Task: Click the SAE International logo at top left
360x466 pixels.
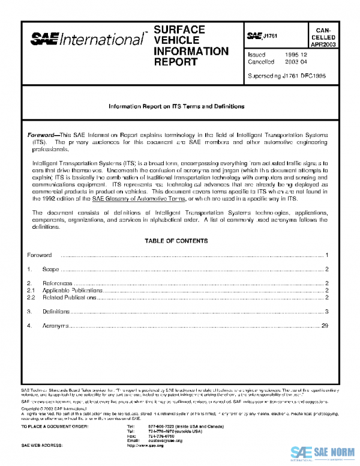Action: point(88,40)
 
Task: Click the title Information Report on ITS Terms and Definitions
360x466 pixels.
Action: point(176,106)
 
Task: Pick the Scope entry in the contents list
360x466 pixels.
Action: point(50,269)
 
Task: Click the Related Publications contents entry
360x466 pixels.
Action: point(69,297)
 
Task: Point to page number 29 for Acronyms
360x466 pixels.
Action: point(325,326)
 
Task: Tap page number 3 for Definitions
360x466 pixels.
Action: point(326,312)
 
